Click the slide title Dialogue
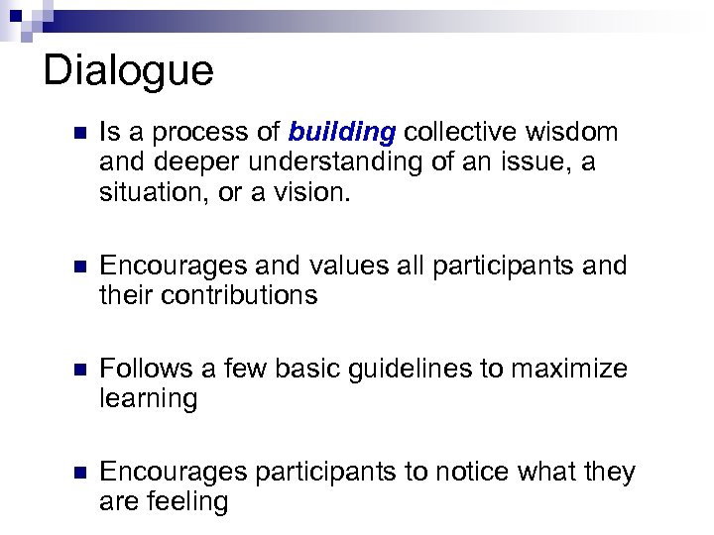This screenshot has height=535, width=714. (128, 71)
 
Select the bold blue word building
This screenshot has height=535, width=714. (342, 133)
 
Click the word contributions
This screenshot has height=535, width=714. (238, 296)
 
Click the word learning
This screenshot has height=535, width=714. (149, 399)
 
